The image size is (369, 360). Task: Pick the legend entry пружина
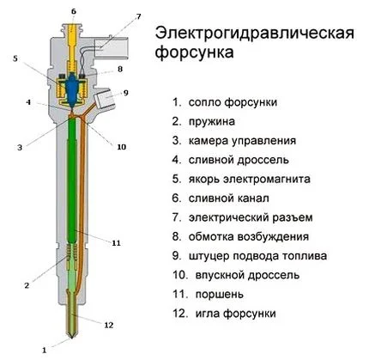pos(209,121)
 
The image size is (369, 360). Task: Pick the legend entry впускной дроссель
pos(244,276)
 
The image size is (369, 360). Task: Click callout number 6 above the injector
pos(73,10)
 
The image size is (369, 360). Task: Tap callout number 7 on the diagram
pos(138,17)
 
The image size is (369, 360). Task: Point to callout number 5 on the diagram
pos(15,58)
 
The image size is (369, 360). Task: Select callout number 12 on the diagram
pos(108,325)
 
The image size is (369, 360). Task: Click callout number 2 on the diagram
pos(27,284)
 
